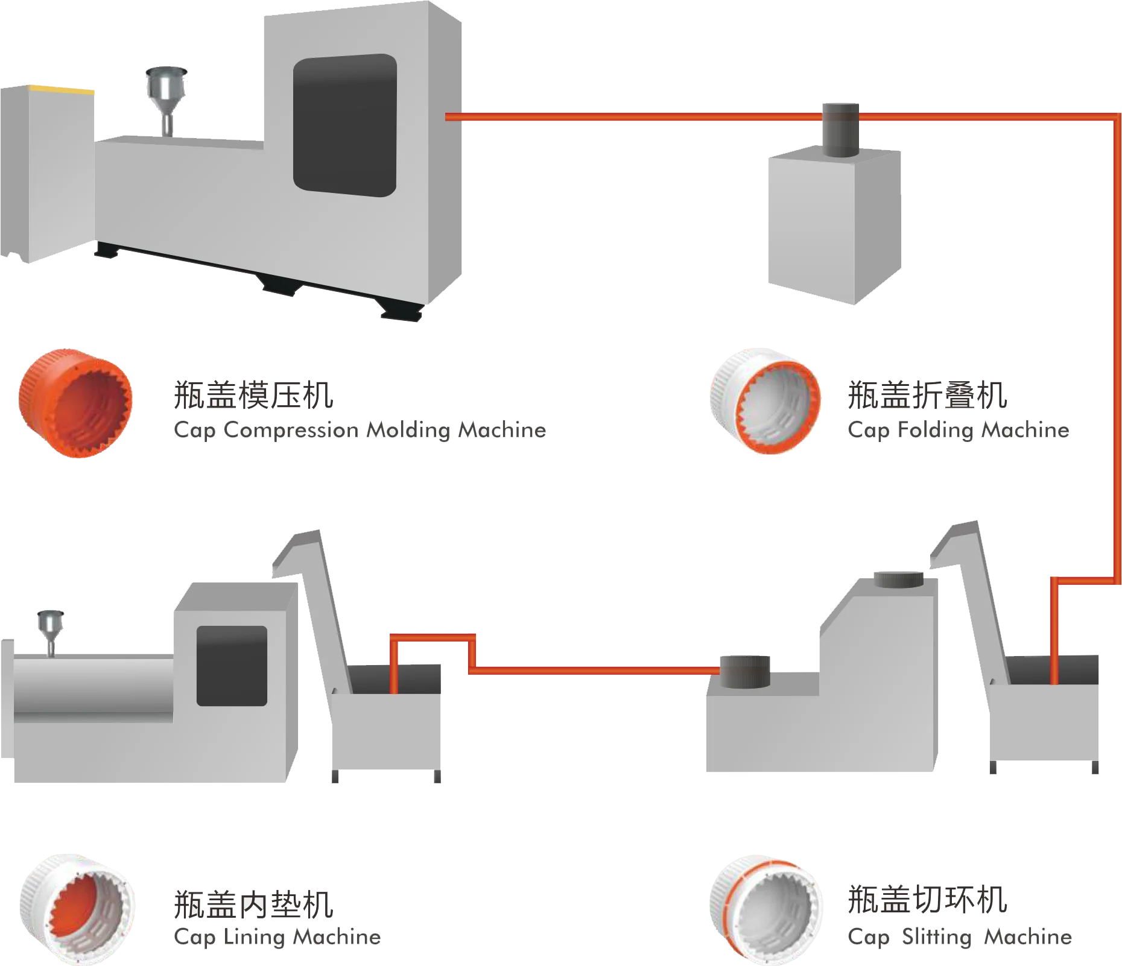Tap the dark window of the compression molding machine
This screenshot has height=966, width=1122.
point(344,125)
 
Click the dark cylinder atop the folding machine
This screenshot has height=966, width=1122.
point(840,130)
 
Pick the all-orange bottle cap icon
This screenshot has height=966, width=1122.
point(75,402)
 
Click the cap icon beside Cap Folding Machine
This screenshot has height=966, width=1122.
point(765,402)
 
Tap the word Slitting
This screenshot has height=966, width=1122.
point(937,937)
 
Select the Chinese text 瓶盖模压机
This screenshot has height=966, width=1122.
point(253,394)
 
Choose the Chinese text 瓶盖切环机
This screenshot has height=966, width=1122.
point(927,900)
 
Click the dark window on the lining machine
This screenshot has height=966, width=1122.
point(232,666)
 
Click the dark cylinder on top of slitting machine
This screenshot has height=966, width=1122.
point(899,579)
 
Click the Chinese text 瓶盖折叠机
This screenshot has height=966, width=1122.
point(927,395)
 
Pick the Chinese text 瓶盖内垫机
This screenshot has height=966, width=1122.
point(253,903)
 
